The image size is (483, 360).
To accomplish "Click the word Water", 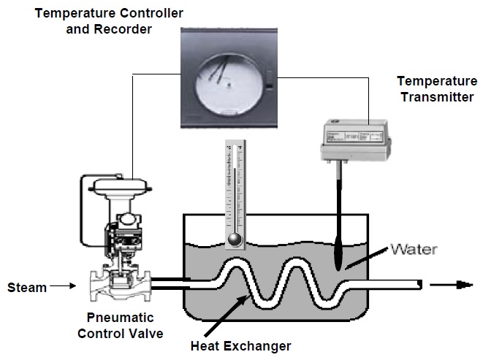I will [414, 250].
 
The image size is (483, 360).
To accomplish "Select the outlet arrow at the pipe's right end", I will [446, 283].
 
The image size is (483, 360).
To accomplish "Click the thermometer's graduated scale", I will [233, 190].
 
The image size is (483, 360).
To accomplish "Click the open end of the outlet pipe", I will [419, 283].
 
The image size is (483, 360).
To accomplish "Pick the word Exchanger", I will [262, 345].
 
